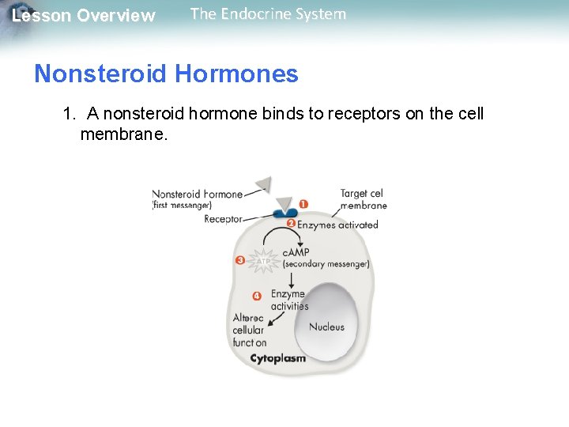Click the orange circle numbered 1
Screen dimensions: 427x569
click(x=303, y=204)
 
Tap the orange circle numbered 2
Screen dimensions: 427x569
click(x=290, y=224)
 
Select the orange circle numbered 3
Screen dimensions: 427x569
click(x=240, y=259)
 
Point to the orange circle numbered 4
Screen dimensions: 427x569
click(x=256, y=296)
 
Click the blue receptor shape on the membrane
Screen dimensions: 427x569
click(x=284, y=213)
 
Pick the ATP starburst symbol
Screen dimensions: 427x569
click(x=264, y=259)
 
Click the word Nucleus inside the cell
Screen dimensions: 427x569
click(x=326, y=327)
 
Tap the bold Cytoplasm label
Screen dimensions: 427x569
click(x=277, y=358)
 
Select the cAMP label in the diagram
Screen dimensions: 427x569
click(x=296, y=251)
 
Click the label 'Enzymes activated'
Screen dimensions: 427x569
click(x=337, y=225)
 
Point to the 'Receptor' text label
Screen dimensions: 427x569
click(x=223, y=219)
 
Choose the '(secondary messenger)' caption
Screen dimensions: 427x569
click(x=326, y=264)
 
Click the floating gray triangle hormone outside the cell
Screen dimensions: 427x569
click(x=263, y=185)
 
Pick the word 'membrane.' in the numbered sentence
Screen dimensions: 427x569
click(x=124, y=134)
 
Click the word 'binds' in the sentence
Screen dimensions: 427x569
click(x=281, y=114)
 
